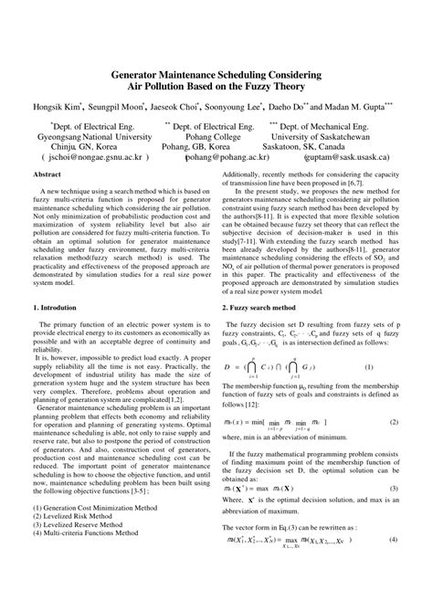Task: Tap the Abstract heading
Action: coord(47,173)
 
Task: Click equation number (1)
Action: coord(369,367)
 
